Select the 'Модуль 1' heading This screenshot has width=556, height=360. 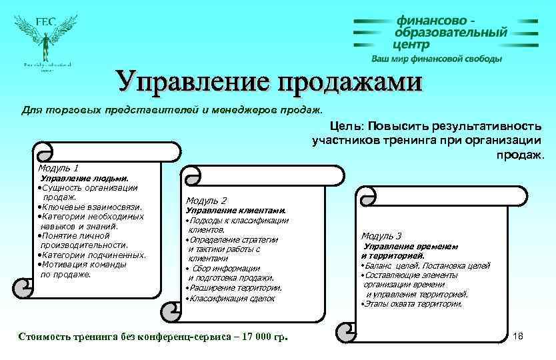coord(59,168)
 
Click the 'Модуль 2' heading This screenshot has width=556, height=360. coord(206,200)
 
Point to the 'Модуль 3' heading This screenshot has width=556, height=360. coord(381,235)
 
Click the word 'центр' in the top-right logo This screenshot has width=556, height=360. coord(411,45)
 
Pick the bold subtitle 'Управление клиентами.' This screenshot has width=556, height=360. coord(235,210)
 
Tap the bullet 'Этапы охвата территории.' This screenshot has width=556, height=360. coord(413,303)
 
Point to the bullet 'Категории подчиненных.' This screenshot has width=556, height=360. coord(94,255)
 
